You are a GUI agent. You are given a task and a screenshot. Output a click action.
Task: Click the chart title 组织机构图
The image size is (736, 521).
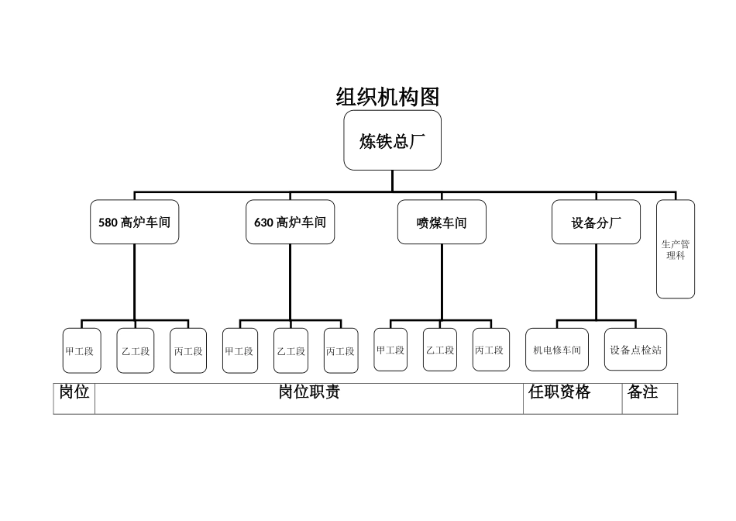coord(387,97)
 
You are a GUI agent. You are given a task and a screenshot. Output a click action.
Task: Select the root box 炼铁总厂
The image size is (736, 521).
coord(392,140)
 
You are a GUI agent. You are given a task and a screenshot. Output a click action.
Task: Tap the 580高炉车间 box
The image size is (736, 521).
coord(134,223)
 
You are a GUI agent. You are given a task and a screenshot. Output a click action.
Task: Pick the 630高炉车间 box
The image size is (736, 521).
coord(290,223)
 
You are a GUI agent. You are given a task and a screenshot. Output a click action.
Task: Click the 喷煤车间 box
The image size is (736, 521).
coord(442,223)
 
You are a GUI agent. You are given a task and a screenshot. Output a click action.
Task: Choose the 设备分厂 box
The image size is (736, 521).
coord(596,223)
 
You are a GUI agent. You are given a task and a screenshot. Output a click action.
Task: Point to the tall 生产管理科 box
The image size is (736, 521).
coord(676,249)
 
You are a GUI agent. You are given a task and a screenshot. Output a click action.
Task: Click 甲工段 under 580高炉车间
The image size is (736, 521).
coord(79,350)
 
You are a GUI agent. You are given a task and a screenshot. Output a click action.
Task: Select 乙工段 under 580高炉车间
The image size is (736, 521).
coord(136,350)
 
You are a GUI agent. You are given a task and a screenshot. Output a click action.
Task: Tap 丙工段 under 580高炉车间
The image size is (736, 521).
coord(188,350)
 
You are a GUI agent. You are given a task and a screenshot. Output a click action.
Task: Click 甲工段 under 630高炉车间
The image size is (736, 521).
coord(239,350)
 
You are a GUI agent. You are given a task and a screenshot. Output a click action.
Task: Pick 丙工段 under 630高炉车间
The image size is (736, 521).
coord(341,350)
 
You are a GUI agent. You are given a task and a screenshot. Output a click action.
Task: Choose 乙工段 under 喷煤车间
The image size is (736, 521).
coord(439,350)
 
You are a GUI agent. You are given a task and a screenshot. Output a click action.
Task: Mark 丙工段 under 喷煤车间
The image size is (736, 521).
coord(491,350)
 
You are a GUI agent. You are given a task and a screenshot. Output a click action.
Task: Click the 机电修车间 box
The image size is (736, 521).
coord(557,350)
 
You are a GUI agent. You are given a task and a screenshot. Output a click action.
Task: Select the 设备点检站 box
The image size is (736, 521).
coord(635,350)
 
